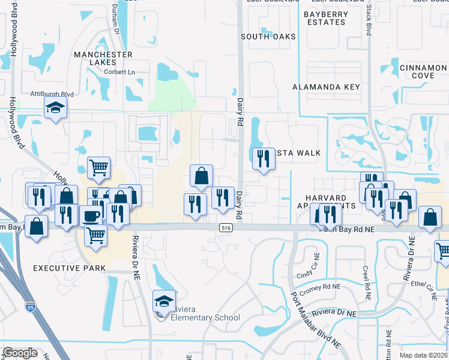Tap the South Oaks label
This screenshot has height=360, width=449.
pos(268,37)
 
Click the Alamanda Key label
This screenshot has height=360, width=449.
pos(326,87)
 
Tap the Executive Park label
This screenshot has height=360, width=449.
pos(70,268)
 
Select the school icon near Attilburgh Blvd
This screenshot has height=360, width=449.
pos(55,108)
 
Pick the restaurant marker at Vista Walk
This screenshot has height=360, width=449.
pos(262,158)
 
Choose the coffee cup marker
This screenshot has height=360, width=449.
pos(91,216)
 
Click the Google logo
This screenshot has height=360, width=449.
pos(20,352)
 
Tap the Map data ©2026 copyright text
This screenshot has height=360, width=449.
pos(423,355)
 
